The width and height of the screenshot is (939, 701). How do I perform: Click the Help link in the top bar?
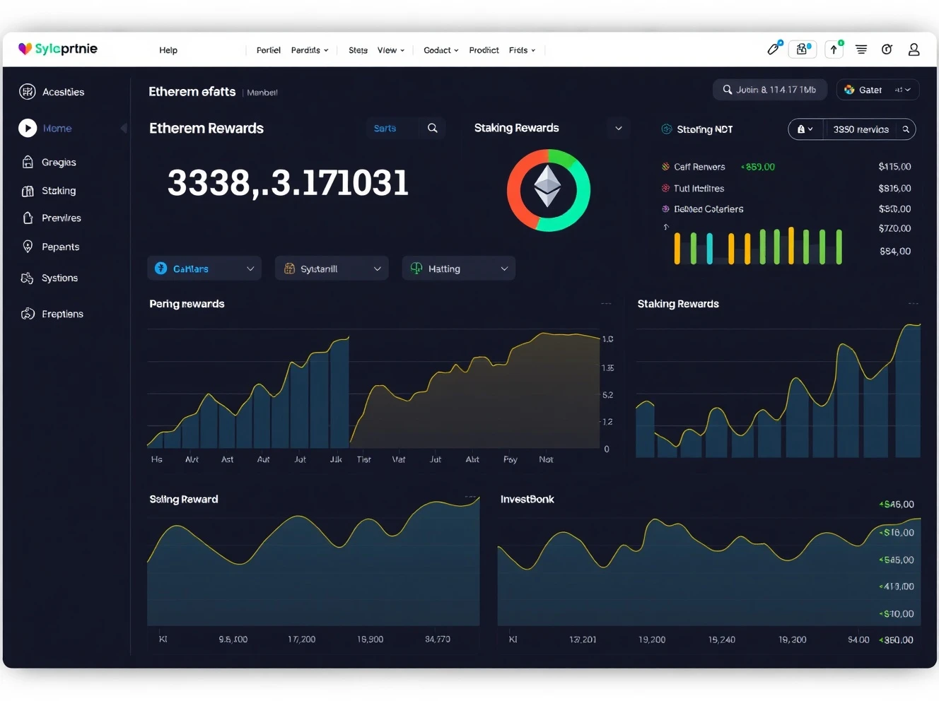168,50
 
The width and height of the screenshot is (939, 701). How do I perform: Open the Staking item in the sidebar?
58,191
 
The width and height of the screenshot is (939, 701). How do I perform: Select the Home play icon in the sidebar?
28,128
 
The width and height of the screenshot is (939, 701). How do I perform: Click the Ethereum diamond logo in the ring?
547,187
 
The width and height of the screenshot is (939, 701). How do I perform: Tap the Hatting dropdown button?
458,269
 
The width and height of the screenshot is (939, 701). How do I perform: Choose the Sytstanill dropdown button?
331,269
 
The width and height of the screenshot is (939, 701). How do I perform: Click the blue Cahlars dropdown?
204,269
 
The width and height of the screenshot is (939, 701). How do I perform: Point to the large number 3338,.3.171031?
288,183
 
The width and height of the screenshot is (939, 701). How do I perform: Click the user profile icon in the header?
914,49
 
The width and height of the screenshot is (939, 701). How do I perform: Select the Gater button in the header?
877,90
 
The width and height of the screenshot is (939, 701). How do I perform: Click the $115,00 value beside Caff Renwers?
894,167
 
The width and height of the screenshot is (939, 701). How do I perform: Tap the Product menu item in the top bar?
484,50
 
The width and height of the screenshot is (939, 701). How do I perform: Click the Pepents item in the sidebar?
60,247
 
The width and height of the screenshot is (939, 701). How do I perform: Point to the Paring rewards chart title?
187,304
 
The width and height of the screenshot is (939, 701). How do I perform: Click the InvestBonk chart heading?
527,499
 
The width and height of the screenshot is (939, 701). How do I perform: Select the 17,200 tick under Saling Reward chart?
301,639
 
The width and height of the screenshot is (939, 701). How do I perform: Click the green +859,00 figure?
758,167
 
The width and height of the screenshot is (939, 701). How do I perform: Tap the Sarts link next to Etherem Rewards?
385,128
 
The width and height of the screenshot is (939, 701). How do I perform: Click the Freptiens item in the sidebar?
62,314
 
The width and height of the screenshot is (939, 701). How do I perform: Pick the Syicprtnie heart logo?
25,49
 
